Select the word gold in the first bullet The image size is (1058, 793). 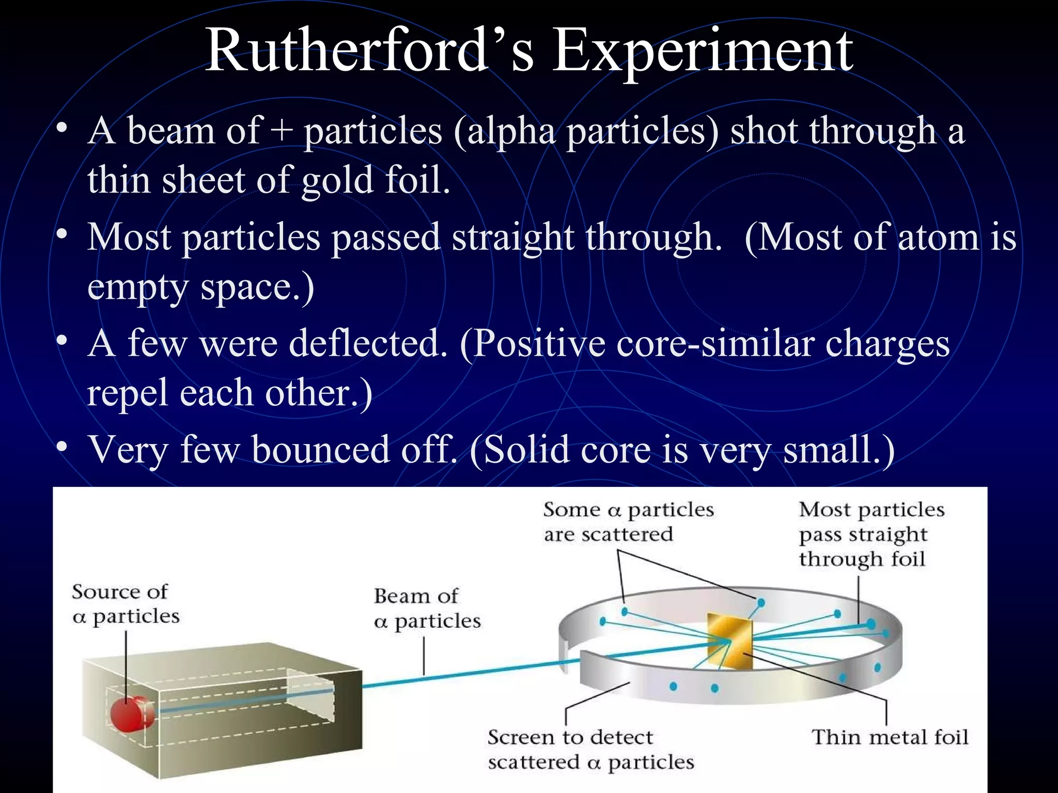point(337,181)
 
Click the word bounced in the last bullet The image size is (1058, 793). point(320,449)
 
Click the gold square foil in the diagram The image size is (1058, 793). point(729,640)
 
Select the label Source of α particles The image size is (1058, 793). point(125,604)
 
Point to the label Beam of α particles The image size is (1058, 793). point(427,608)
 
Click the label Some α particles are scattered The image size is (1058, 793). point(628,522)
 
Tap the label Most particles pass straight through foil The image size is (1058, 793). point(871,534)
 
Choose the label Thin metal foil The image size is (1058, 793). point(889,737)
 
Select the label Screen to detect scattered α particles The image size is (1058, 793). point(590,750)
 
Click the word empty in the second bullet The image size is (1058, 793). point(137,287)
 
